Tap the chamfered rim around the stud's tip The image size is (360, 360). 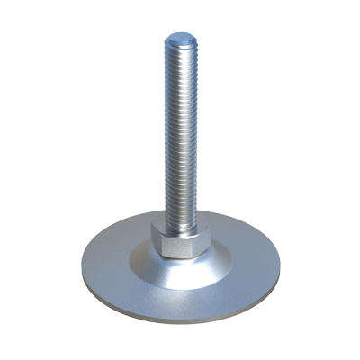(x=169, y=41)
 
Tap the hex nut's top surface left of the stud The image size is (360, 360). (x=162, y=228)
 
